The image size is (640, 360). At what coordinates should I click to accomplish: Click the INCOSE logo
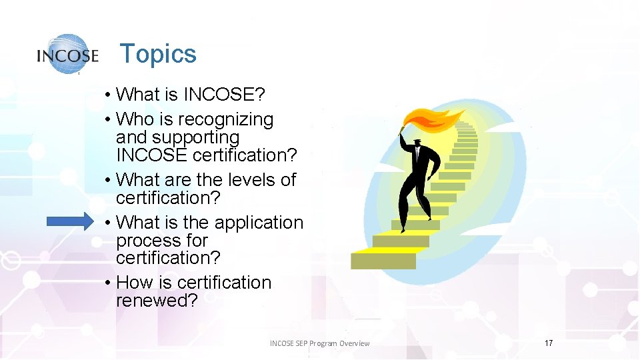(x=67, y=54)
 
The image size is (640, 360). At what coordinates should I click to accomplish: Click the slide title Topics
(x=158, y=54)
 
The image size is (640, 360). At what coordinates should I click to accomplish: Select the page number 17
(x=549, y=343)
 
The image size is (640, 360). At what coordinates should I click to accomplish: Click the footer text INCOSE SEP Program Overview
(x=319, y=343)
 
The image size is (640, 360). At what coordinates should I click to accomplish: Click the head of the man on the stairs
(x=417, y=142)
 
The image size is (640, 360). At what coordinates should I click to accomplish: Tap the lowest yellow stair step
(x=383, y=259)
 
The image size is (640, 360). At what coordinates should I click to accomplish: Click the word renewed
(x=157, y=301)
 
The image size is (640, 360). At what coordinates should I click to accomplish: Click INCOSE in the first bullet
(x=224, y=95)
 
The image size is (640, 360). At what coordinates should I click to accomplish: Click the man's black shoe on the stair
(x=403, y=230)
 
